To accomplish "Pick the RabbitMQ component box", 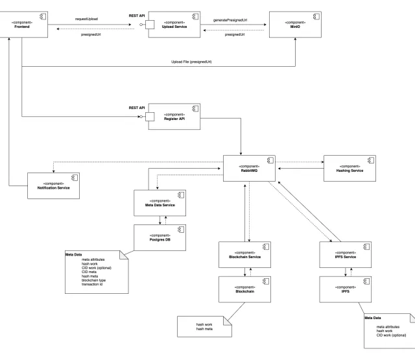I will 249,168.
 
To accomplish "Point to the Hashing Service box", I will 349,167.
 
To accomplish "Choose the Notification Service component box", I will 53,186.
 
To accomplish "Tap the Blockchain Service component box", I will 244,255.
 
